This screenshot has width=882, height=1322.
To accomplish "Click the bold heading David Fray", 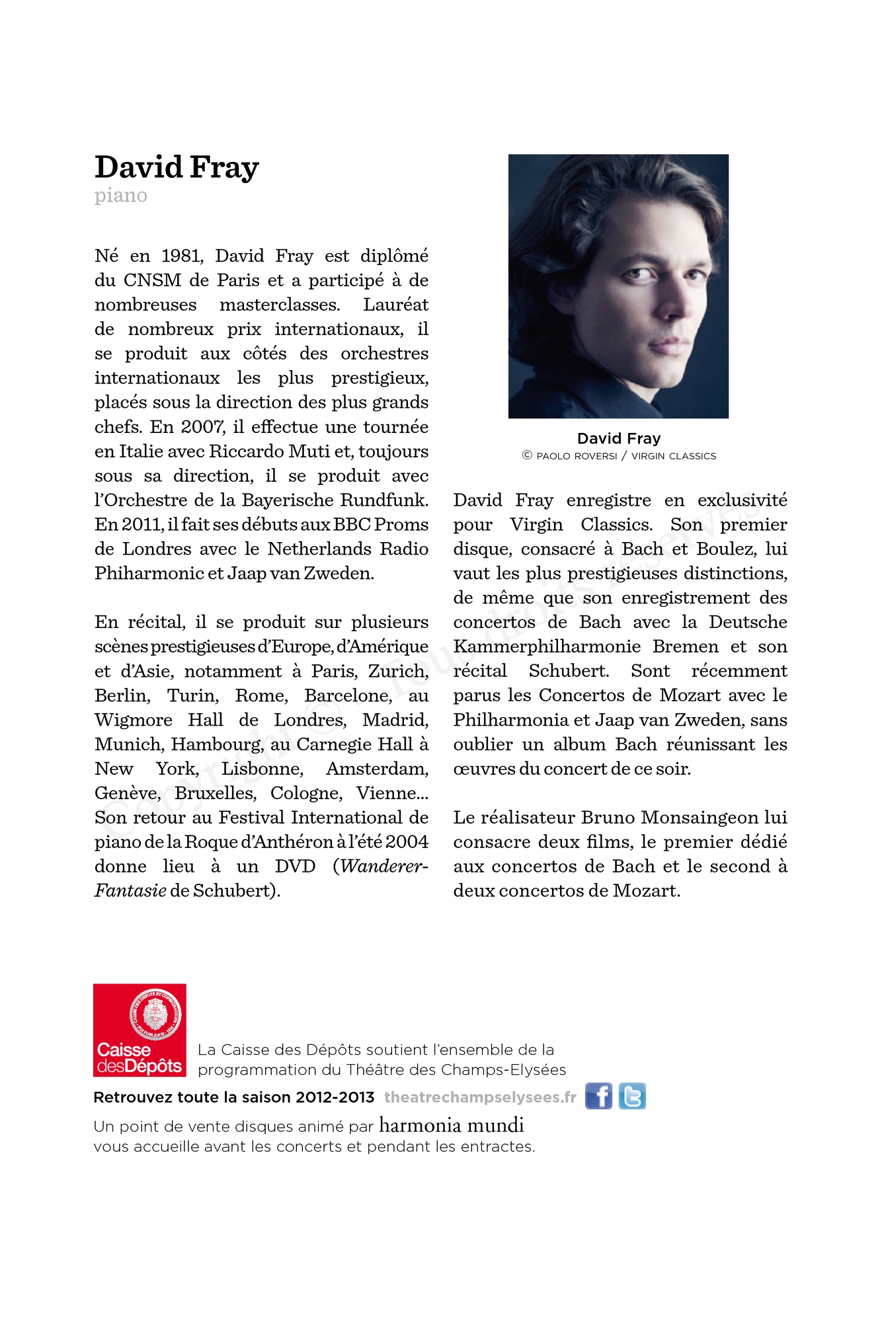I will pos(177,167).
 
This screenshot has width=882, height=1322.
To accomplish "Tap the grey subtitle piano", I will pos(120,196).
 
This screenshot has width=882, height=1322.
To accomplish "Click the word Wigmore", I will pos(133,720).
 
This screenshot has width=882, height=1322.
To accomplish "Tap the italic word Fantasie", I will pos(130,891).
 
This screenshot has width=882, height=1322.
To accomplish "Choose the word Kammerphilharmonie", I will pos(547,646).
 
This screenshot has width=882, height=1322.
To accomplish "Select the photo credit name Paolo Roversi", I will pos(577,456).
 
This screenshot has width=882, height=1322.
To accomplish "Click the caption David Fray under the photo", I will pos(618,438).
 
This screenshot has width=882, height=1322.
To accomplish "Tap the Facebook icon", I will pos(598,1097).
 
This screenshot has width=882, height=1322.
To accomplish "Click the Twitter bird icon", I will pos(632,1097).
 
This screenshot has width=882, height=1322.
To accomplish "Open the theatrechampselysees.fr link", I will pos(480,1097).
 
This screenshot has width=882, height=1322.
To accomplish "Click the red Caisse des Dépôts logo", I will pos(140,1030).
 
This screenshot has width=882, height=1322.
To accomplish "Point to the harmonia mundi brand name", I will pos(451,1125).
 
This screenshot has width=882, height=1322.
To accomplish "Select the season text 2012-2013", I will pos(335,1097).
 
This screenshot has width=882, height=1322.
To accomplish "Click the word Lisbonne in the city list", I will pos(262,769).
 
